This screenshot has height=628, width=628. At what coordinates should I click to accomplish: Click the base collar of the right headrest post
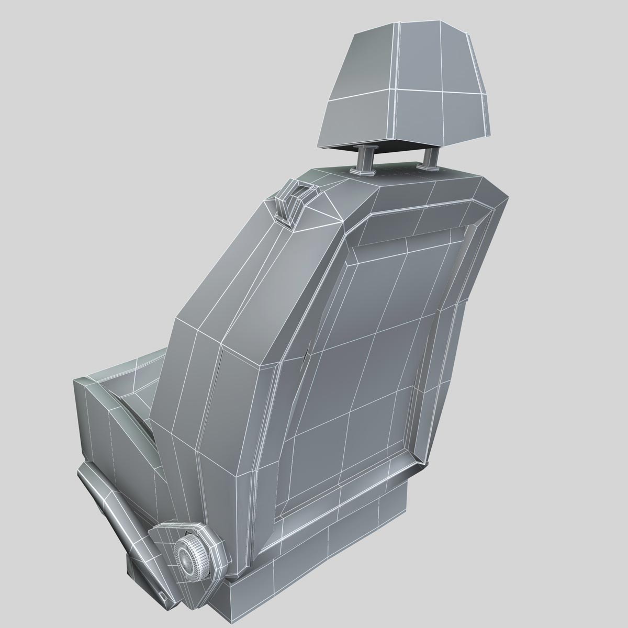[429, 167]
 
